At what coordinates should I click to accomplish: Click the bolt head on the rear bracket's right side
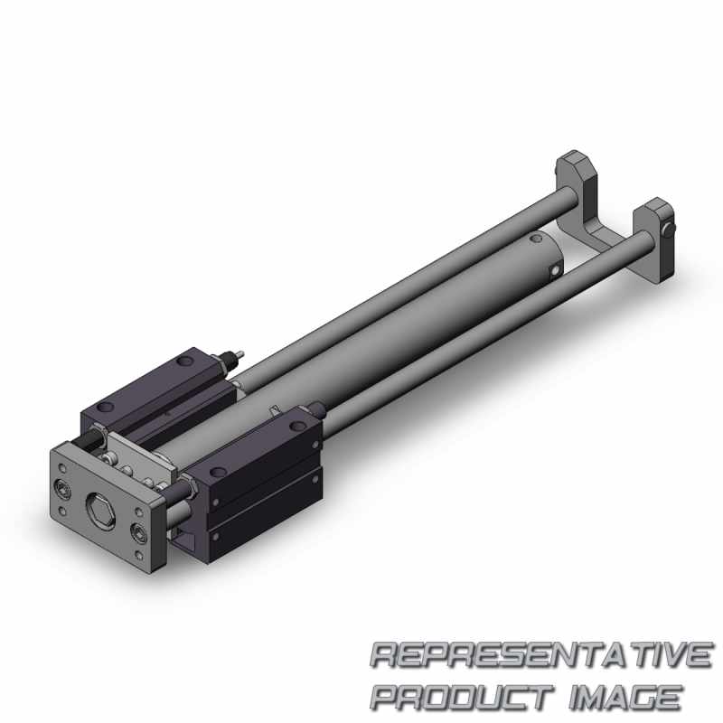670,229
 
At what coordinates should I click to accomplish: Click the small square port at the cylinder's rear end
556,270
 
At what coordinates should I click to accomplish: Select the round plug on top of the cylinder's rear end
535,239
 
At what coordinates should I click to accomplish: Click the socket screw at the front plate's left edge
61,486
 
